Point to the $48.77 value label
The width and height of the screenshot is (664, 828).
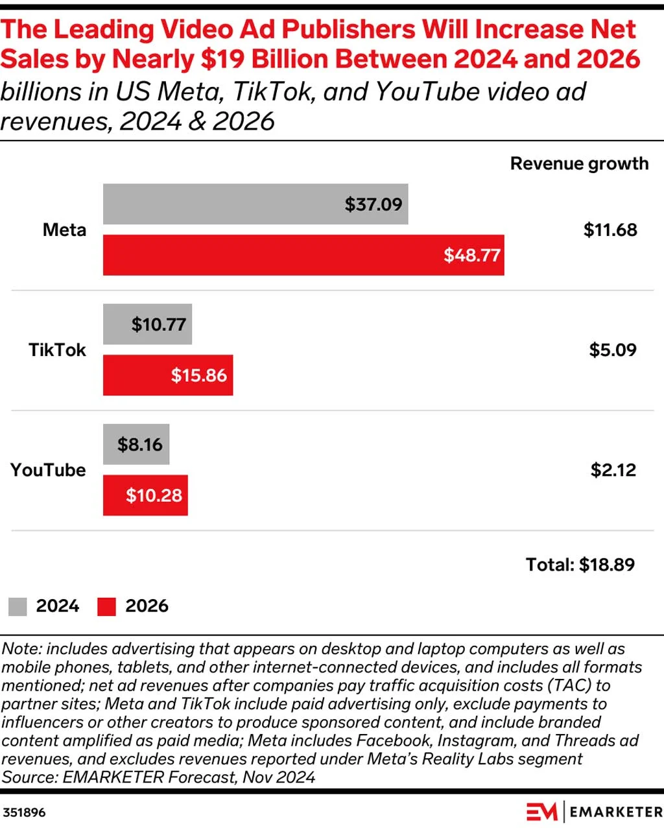[x=472, y=255]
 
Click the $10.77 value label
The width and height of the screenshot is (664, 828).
[x=159, y=324]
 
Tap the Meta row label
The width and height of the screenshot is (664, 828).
[x=64, y=230]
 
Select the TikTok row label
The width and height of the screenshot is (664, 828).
[x=57, y=350]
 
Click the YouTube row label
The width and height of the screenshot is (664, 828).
[x=48, y=470]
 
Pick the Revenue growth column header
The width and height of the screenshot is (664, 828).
[x=579, y=163]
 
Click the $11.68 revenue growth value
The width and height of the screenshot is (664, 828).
[x=610, y=230]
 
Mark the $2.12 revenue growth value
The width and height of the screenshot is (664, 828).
[x=613, y=470]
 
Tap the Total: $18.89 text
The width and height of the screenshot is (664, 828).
[x=580, y=565]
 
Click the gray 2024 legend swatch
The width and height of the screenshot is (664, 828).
[x=18, y=607]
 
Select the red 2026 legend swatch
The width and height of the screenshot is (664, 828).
[x=106, y=607]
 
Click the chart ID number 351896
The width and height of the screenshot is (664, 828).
[x=24, y=812]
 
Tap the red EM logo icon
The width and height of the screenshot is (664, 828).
[x=541, y=812]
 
